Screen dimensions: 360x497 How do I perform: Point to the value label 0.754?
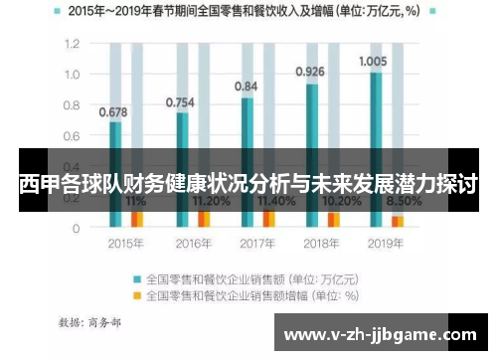click(180, 101)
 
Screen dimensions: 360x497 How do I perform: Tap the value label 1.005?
click(375, 61)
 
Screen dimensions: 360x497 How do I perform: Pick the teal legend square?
click(137, 278)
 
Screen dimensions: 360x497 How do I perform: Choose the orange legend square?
click(137, 294)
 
